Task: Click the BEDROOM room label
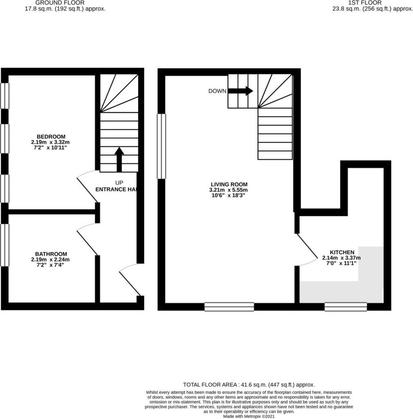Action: pos(51,137)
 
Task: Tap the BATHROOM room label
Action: pos(51,254)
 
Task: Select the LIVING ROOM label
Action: pos(229,184)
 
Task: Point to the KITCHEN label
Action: pos(342,252)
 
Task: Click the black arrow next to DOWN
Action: pos(240,91)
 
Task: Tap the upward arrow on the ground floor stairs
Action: pos(119,159)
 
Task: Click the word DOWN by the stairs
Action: pos(217,91)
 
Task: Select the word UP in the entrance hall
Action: pos(119,183)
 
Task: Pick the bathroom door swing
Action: pos(87,239)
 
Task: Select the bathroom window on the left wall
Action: pos(5,245)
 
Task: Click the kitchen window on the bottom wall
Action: pos(346,307)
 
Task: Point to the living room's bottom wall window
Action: pos(229,307)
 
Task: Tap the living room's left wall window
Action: pos(162,146)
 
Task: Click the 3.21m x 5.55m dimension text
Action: pos(228,190)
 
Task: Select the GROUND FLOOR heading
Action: pos(60,3)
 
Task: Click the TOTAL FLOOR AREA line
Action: pos(249,385)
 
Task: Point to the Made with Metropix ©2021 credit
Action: pos(249,416)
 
